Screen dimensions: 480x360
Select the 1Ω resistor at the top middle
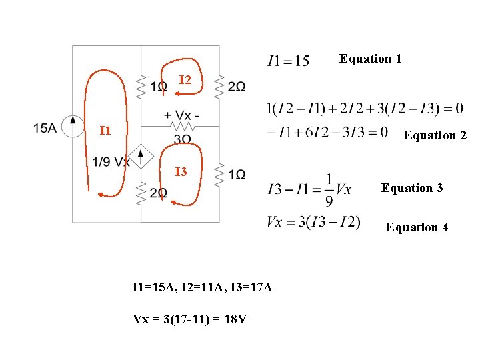click(141, 85)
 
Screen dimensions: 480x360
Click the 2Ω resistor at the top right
click(219, 85)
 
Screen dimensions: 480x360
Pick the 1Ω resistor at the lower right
click(219, 175)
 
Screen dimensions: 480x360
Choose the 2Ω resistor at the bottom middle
click(141, 193)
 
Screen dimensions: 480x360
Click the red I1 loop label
click(105, 130)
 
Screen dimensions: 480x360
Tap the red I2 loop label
click(185, 81)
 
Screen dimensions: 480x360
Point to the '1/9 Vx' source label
click(111, 162)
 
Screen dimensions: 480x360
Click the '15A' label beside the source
click(45, 127)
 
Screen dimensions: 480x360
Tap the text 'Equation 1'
click(370, 59)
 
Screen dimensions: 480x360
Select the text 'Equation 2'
click(435, 135)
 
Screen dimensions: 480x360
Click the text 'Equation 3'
click(412, 188)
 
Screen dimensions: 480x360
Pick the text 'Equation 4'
click(417, 227)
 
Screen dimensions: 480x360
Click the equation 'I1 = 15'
click(288, 61)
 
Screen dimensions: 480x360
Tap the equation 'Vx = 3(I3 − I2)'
click(313, 222)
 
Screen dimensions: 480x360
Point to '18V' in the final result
click(235, 319)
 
